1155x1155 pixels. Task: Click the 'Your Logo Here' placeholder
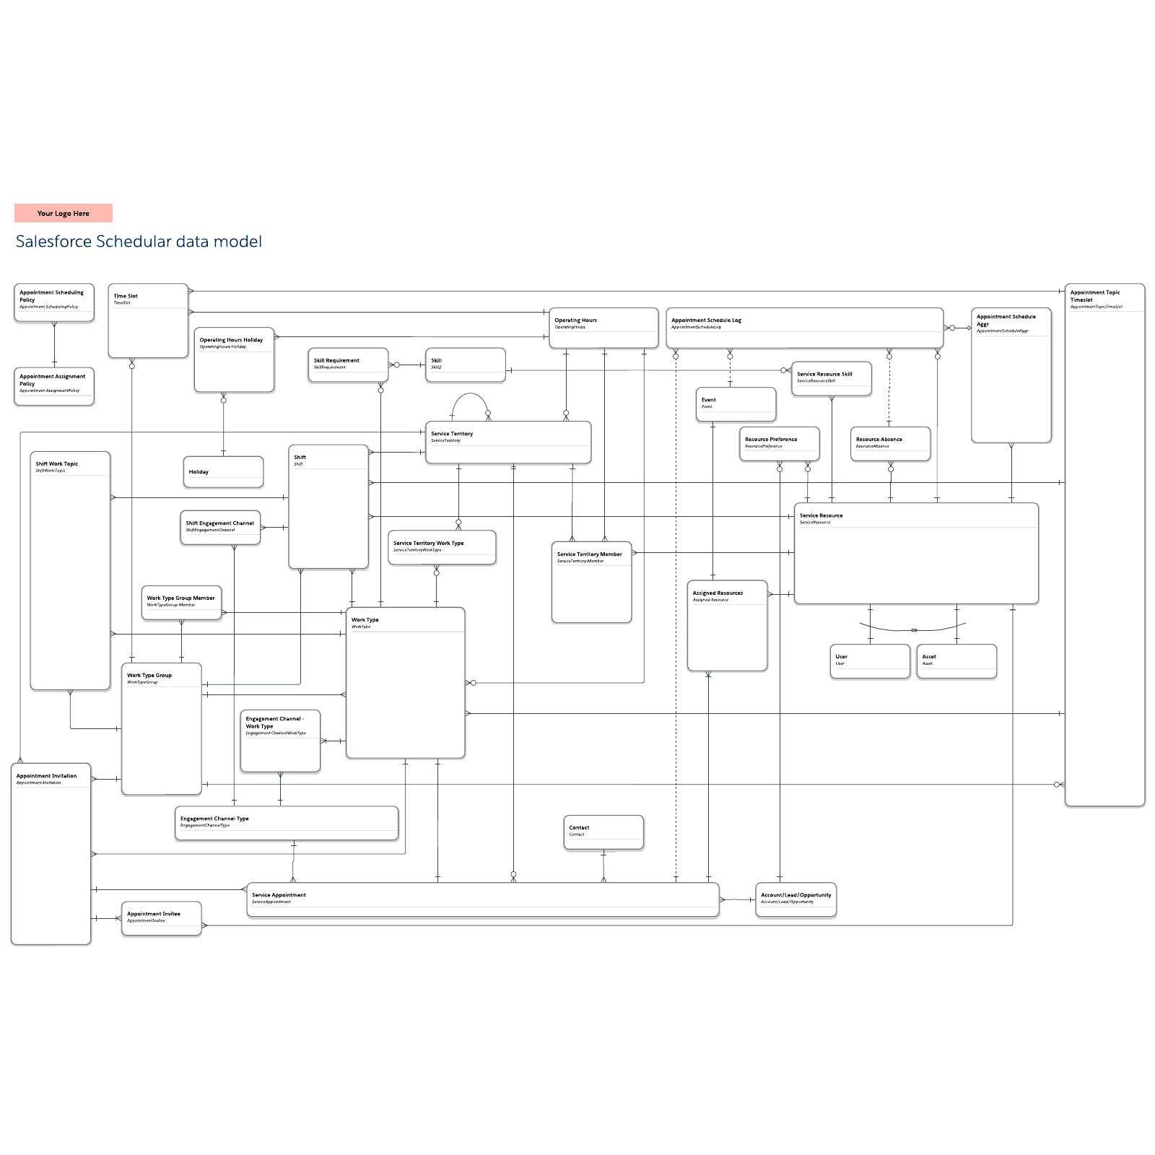(x=64, y=213)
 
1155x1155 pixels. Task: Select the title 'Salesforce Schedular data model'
(x=139, y=242)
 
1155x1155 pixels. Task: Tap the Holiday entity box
(x=223, y=472)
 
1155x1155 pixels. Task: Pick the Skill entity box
(x=466, y=365)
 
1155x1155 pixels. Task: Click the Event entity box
(x=736, y=404)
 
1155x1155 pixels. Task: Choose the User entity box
(x=870, y=661)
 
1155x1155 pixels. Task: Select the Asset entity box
(x=956, y=661)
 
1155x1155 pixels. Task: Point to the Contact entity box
(x=603, y=832)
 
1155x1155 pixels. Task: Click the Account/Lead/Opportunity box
(x=796, y=899)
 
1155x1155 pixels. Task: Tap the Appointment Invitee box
(x=162, y=918)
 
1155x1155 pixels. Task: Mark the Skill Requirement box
(x=348, y=365)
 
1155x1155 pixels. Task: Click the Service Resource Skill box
(x=832, y=378)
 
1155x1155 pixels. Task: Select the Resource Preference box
(x=780, y=443)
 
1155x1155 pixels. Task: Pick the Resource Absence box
(x=890, y=443)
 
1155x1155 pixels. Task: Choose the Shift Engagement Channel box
(x=220, y=528)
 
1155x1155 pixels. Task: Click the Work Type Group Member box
(x=181, y=602)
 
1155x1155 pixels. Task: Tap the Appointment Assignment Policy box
(x=54, y=386)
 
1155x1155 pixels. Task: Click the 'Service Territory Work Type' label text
(x=428, y=543)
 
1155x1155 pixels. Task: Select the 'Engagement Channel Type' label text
(x=214, y=819)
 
